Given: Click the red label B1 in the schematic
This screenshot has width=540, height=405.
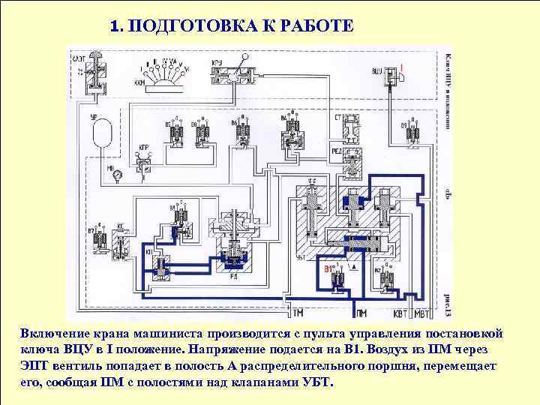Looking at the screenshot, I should (328, 268).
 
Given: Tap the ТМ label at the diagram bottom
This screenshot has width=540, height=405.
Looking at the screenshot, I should (298, 311).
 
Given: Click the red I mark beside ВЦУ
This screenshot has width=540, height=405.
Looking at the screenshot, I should (402, 68).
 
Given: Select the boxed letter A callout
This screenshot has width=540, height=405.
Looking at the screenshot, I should (353, 268).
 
